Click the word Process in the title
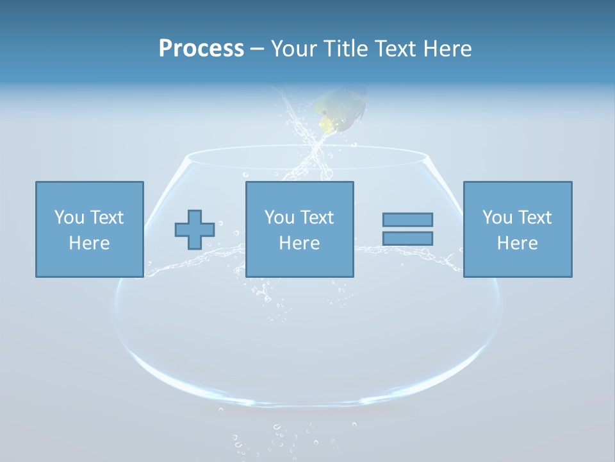[201, 49]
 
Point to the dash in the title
[258, 49]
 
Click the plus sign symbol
[195, 230]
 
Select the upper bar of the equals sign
[407, 219]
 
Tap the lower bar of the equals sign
[407, 238]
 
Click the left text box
[89, 229]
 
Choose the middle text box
[299, 229]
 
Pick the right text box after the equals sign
[517, 229]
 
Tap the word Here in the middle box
[299, 243]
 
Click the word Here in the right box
[517, 243]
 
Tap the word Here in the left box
[89, 243]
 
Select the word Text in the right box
[534, 218]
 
